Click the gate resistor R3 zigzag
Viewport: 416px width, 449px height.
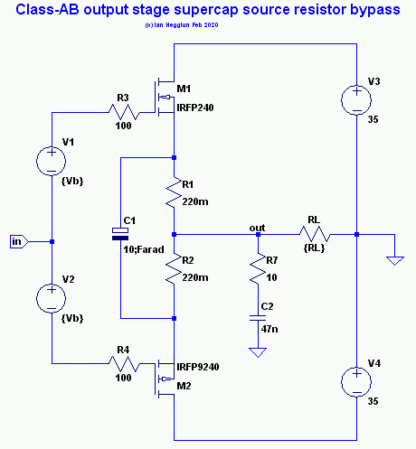point(124,112)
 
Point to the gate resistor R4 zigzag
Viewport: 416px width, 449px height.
point(124,364)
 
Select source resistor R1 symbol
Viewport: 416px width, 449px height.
point(174,192)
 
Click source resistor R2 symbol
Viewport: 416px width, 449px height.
point(174,268)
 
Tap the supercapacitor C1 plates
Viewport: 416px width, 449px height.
point(120,234)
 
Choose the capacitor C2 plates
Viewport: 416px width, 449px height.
point(258,318)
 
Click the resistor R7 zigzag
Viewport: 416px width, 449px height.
point(258,268)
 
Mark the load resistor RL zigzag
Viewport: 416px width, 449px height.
point(315,234)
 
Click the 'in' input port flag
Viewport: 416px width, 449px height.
point(19,241)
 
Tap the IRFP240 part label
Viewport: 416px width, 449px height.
point(195,108)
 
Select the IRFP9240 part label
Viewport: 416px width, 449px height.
point(198,367)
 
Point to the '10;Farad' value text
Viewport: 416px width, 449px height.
point(144,249)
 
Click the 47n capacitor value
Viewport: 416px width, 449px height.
point(269,329)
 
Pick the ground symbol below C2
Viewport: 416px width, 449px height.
point(258,352)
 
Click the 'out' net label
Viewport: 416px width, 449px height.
point(257,228)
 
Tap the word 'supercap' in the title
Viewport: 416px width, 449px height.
point(206,10)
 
